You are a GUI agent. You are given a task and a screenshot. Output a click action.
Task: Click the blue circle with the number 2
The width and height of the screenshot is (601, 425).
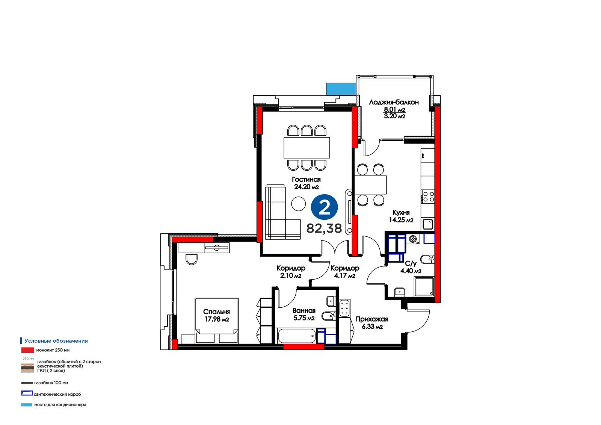coord(325,207)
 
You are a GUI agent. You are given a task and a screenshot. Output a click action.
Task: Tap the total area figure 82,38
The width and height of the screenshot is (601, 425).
coord(324,228)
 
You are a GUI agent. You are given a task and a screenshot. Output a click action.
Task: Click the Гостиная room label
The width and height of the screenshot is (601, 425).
coord(306,179)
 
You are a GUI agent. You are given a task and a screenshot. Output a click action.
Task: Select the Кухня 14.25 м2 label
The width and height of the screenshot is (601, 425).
coord(401,216)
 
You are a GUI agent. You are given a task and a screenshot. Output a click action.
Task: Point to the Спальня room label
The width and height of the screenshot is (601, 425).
coord(216,312)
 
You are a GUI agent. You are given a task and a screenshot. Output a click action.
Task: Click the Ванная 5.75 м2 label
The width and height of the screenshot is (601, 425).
coord(304,314)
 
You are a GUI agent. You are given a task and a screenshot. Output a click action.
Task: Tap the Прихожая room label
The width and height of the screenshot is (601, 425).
coord(372,319)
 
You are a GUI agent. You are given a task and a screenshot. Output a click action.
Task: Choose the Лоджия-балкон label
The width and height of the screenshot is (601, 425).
coord(394,102)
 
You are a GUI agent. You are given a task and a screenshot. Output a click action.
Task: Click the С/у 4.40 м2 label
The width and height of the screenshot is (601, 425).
coord(411,267)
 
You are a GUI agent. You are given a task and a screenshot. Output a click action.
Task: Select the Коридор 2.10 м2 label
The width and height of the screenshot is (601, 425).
coord(291,271)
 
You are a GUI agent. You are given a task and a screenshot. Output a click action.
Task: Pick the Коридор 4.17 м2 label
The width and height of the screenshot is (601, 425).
coord(345,271)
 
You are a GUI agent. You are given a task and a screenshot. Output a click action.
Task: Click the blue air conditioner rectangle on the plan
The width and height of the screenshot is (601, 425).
coord(341,89)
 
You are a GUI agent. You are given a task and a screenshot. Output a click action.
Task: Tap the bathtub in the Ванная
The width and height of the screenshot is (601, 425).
coord(297,336)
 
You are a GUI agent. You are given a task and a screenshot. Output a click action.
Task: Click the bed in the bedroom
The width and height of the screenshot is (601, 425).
coord(216,321)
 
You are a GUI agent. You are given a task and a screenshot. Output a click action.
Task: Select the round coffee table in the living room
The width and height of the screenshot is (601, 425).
coord(298,204)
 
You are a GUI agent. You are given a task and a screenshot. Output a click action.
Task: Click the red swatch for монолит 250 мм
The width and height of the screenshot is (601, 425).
coord(28,350)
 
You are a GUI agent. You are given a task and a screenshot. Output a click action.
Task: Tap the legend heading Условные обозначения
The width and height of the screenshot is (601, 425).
coord(56,341)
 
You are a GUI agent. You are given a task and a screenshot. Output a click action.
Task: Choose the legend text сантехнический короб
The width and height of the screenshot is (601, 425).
coord(57,395)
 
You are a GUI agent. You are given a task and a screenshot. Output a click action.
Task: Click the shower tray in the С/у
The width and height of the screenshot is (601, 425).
coord(424,287)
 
